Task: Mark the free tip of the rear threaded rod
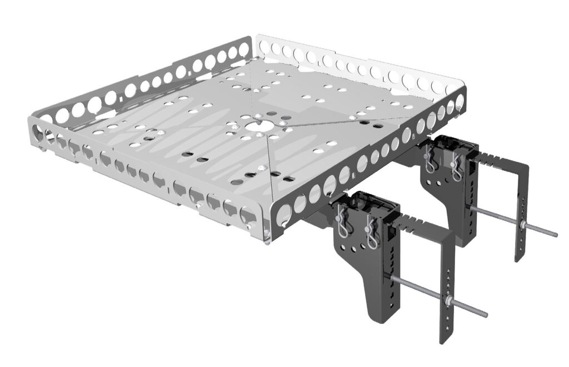tap(555, 234)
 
